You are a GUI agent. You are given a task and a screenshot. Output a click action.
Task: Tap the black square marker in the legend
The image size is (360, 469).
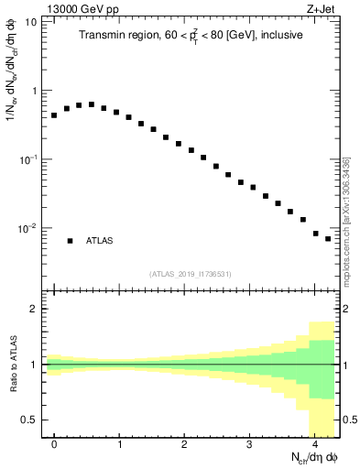pos(70,241)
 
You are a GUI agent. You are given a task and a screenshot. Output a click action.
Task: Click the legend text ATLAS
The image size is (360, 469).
pos(100,241)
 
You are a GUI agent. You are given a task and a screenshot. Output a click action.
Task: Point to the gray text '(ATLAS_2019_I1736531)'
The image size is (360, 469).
pos(190,274)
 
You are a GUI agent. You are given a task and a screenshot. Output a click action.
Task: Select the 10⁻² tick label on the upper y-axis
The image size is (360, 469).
pos(27,227)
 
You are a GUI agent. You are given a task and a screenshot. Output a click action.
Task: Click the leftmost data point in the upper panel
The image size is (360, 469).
pos(54,115)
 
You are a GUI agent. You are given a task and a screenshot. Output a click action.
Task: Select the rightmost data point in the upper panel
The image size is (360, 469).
pos(328,239)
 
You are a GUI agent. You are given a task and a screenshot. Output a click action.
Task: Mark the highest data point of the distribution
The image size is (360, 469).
pos(92,104)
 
